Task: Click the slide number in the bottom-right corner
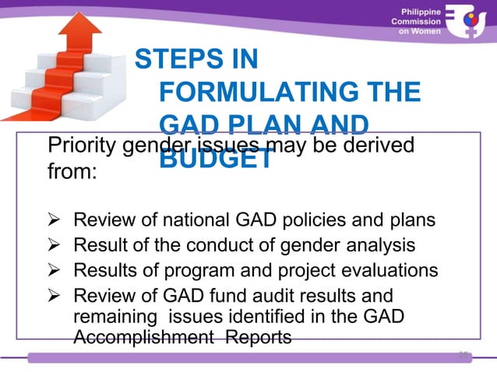pos(464,355)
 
